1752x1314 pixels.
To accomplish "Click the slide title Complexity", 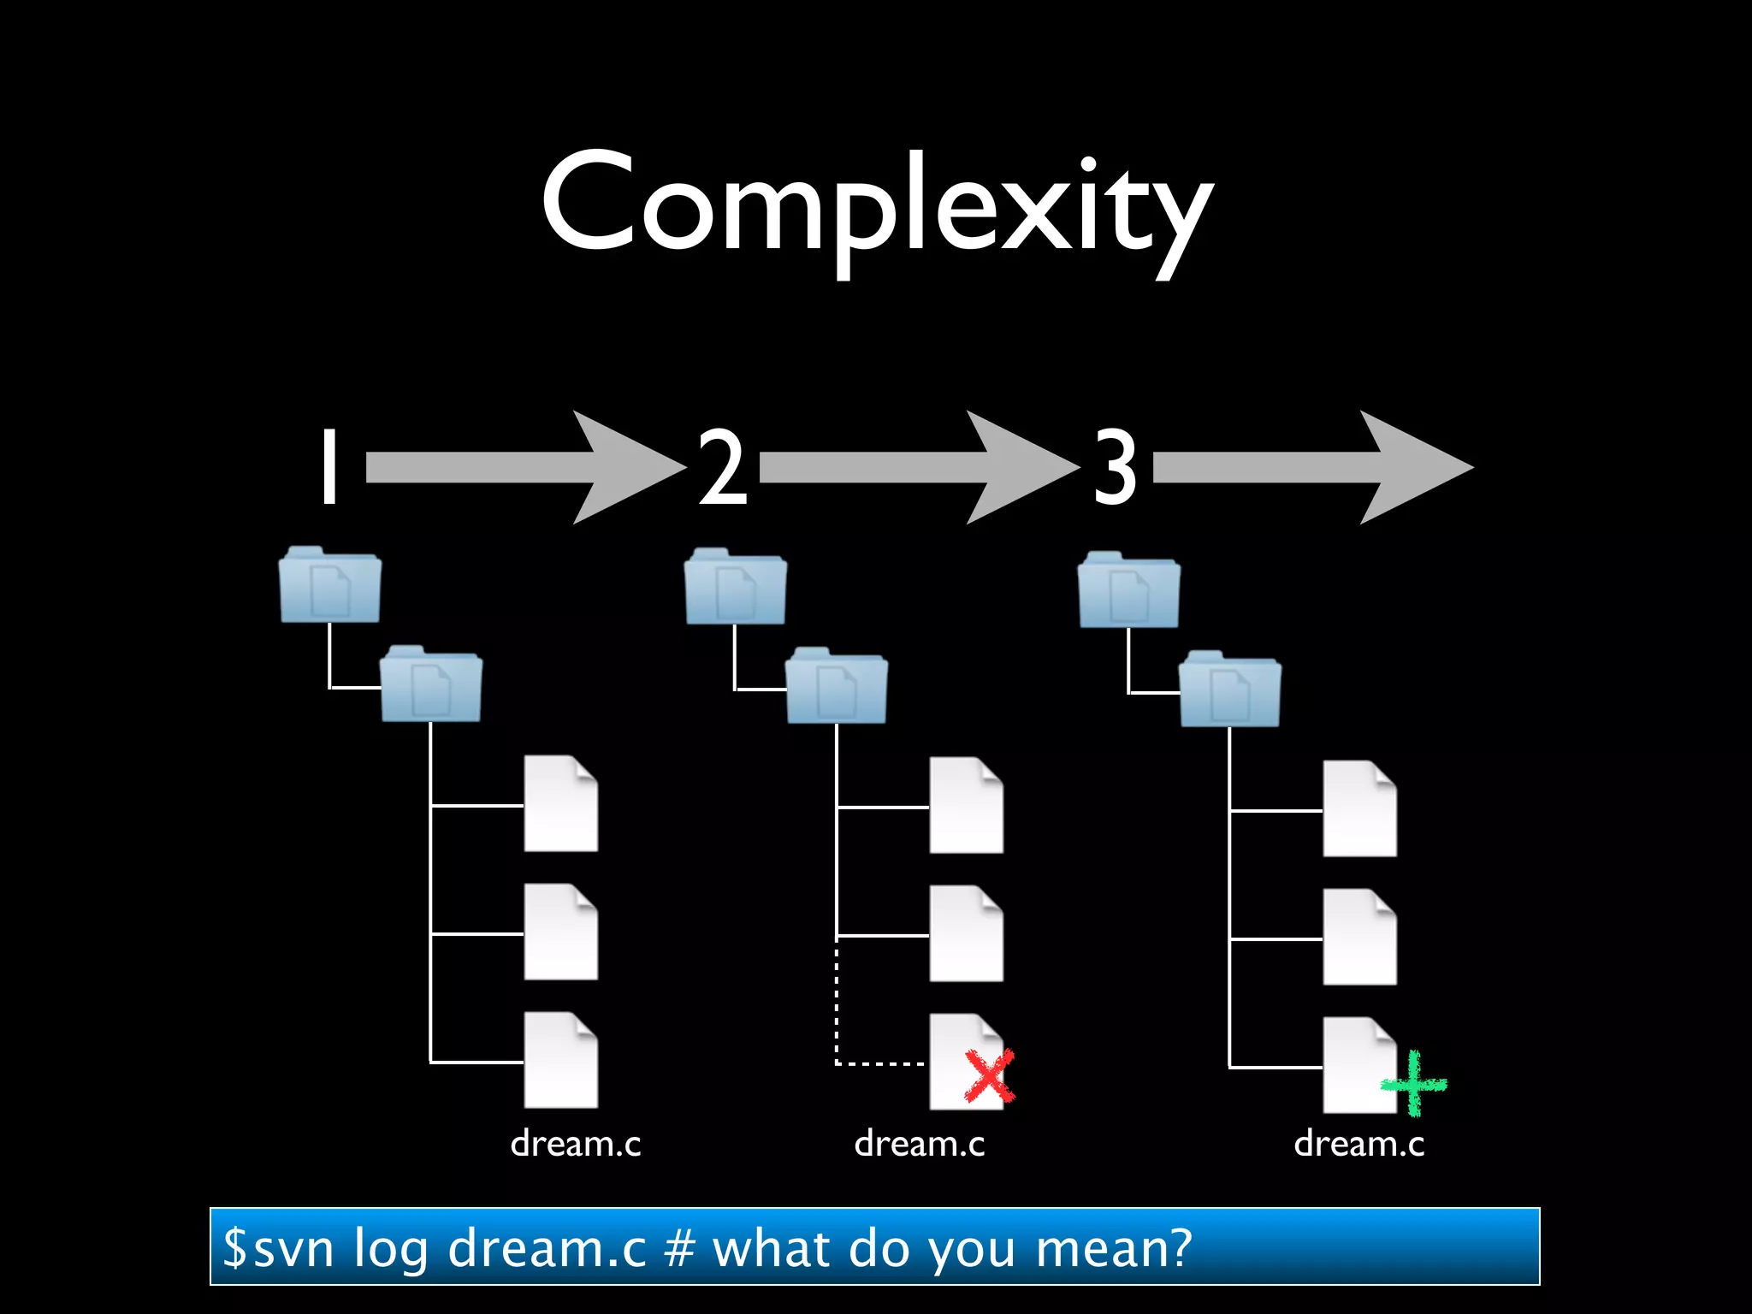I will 876,205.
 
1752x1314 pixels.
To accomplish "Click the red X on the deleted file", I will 990,1076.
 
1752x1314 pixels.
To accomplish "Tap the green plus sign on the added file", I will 1413,1084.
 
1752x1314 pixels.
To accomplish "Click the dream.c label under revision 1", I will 575,1144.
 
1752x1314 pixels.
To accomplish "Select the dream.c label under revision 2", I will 919,1144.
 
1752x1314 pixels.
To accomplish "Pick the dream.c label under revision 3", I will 1358,1144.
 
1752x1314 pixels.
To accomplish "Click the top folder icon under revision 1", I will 330,586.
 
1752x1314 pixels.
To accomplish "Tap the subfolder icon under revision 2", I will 836,687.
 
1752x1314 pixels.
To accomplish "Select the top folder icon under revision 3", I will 1129,590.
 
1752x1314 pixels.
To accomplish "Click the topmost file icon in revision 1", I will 560,804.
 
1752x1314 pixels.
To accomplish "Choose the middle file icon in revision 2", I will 966,934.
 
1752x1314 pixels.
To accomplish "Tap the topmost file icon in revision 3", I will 1359,809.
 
